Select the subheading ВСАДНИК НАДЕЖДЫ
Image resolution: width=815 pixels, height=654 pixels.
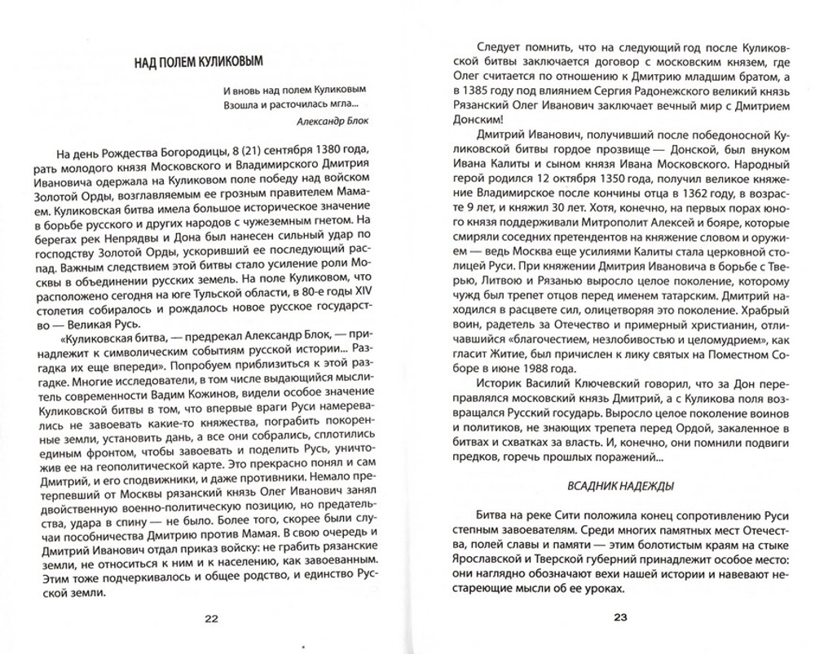coord(608,487)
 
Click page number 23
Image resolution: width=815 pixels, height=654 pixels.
coord(619,618)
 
